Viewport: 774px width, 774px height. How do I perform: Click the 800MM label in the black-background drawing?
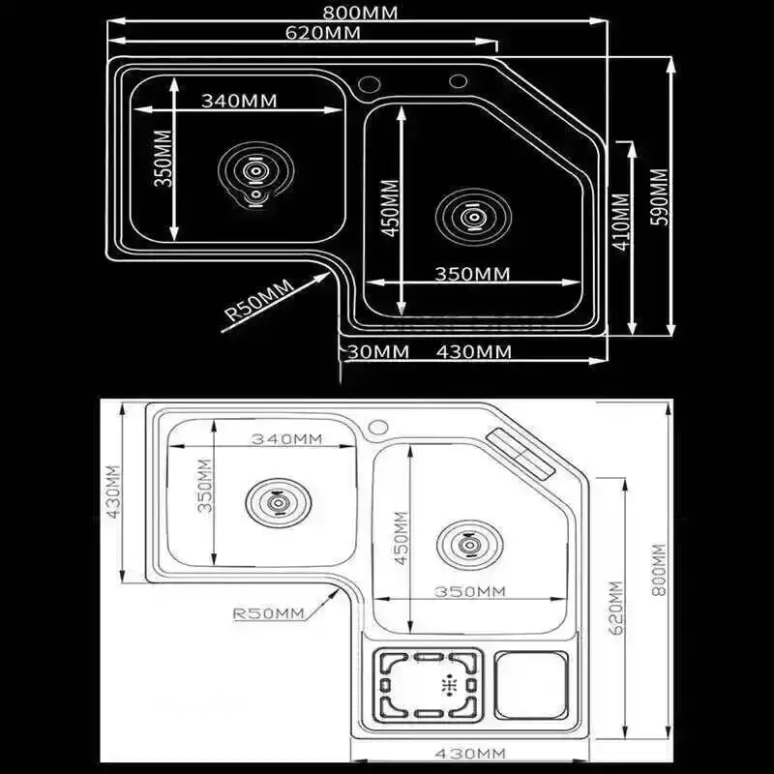click(x=357, y=13)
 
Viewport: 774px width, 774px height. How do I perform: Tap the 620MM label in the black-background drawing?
click(x=324, y=32)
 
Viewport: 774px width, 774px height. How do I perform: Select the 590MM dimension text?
click(x=658, y=197)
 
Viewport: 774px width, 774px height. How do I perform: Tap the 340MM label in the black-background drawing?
click(x=239, y=101)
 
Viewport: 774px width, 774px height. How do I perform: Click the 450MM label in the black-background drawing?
click(x=389, y=212)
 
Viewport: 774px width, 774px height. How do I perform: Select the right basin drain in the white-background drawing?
click(x=468, y=545)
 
